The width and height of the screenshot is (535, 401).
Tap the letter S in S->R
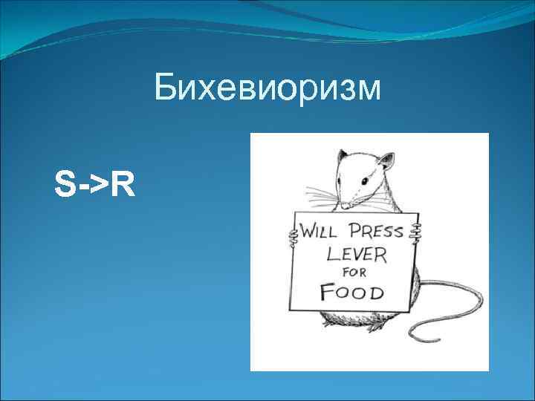tap(65, 185)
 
